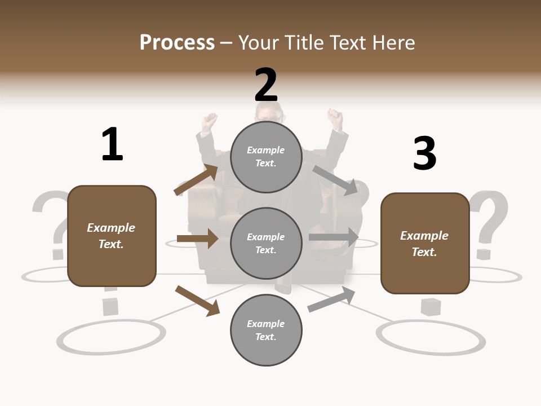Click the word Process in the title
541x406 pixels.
177,43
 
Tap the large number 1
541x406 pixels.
112,144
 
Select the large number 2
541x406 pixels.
266,85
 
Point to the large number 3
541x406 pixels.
424,153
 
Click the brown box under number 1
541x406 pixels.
112,236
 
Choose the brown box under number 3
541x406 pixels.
425,244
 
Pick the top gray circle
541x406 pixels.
266,157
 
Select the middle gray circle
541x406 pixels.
266,244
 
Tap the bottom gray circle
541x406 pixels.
266,330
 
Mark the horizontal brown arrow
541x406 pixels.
197,239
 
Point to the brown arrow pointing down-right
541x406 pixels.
197,301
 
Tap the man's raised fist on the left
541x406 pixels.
210,121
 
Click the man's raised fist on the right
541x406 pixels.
336,118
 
